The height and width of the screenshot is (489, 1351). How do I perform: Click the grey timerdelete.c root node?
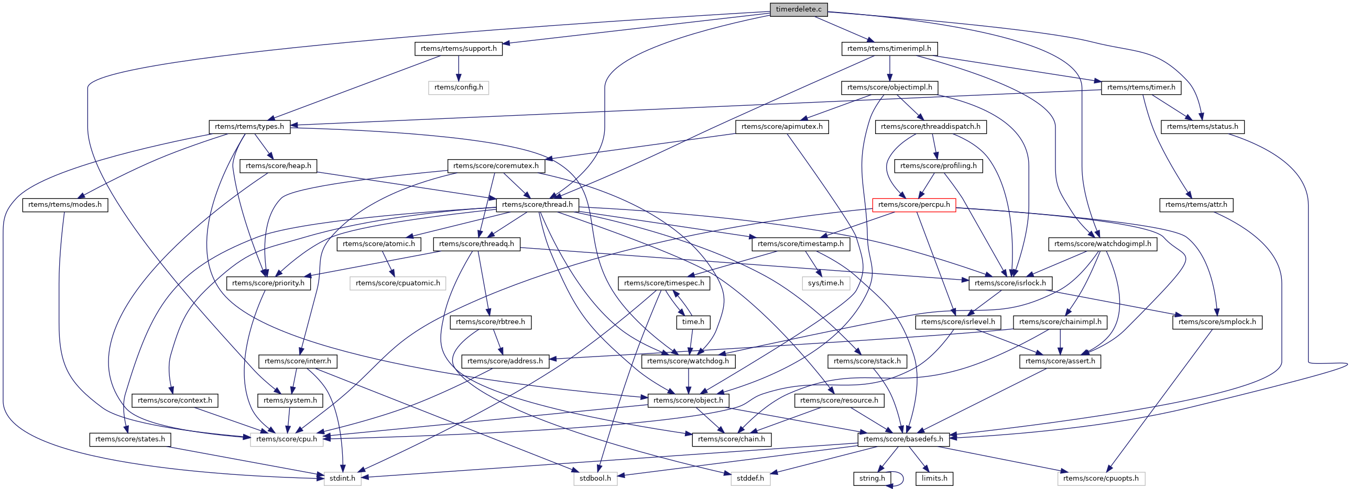pos(798,9)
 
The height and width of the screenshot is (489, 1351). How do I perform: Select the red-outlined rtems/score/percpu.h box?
pos(913,205)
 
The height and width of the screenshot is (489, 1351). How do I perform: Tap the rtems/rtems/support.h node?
pos(459,49)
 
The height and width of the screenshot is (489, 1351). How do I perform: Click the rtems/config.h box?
pos(459,87)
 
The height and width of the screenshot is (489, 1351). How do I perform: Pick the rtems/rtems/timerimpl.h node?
pos(889,49)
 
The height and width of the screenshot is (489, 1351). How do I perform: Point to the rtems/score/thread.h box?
pos(537,205)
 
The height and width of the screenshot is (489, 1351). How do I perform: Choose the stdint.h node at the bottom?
pos(343,479)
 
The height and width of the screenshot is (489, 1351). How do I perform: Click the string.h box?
pos(871,479)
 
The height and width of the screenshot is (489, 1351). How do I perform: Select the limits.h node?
pos(934,479)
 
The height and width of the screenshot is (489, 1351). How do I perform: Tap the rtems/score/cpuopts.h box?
pos(1101,479)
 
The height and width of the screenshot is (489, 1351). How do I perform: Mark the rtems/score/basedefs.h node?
pos(903,439)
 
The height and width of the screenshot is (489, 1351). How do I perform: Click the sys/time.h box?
pos(825,284)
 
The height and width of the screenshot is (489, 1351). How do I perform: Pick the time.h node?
pos(693,323)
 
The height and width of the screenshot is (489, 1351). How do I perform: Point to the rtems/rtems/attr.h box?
pos(1196,205)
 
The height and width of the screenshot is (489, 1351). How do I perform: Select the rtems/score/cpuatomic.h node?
pos(398,284)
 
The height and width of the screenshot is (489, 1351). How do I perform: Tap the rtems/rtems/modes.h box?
pos(65,205)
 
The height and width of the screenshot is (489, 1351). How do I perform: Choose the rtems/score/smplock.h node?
pos(1217,323)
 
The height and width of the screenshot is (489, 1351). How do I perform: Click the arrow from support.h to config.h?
pos(459,68)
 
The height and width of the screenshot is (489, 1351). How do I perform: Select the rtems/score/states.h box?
pos(130,439)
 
